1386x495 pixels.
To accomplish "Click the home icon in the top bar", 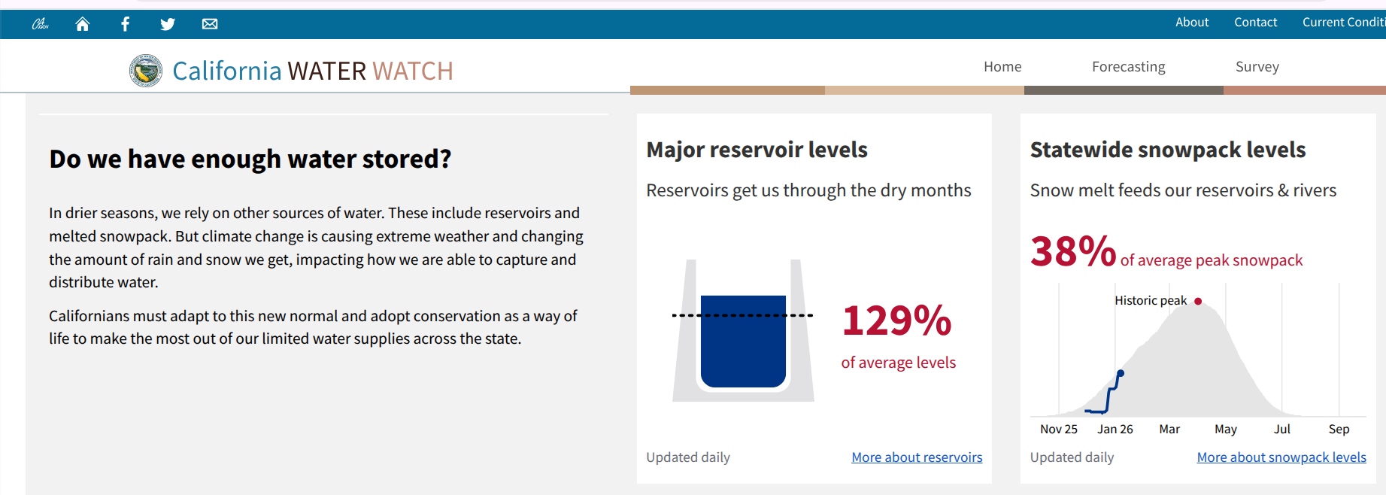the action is pyautogui.click(x=83, y=24).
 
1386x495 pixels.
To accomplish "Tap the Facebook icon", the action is pyautogui.click(x=125, y=24).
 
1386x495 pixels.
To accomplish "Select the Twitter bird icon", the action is pyautogui.click(x=168, y=24).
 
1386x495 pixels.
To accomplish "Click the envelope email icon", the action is pyautogui.click(x=210, y=24).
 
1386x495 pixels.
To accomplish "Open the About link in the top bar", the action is pyautogui.click(x=1192, y=23).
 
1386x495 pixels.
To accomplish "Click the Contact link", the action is pyautogui.click(x=1255, y=23).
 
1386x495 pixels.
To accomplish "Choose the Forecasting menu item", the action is pyautogui.click(x=1128, y=67).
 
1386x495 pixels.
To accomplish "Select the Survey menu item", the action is pyautogui.click(x=1257, y=67).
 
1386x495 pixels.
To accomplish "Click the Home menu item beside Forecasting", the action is pyautogui.click(x=1002, y=67).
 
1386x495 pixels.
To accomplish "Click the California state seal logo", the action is pyautogui.click(x=146, y=71).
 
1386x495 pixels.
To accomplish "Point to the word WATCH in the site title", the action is pyautogui.click(x=413, y=71).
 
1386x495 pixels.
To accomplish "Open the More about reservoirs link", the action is pyautogui.click(x=917, y=457).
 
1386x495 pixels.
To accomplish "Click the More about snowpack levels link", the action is pyautogui.click(x=1281, y=457).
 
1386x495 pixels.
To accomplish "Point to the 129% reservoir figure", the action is pyautogui.click(x=897, y=320).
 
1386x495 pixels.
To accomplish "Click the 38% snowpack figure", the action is pyautogui.click(x=1073, y=251).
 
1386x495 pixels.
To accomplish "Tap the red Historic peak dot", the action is pyautogui.click(x=1198, y=301).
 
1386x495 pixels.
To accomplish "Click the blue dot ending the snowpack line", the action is pyautogui.click(x=1121, y=373).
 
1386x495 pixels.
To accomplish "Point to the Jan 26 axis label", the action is pyautogui.click(x=1115, y=430).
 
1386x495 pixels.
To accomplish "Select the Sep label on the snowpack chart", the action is pyautogui.click(x=1339, y=430).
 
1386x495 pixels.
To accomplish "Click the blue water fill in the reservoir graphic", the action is pyautogui.click(x=743, y=342).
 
